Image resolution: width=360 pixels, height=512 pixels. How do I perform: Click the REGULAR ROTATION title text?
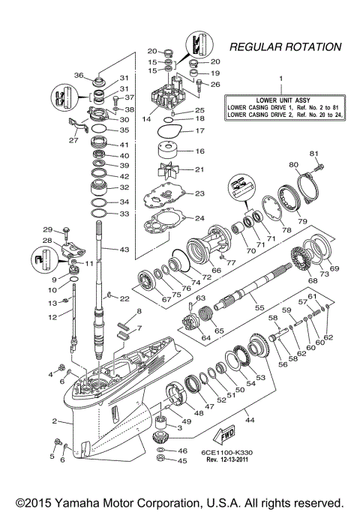(x=283, y=46)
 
